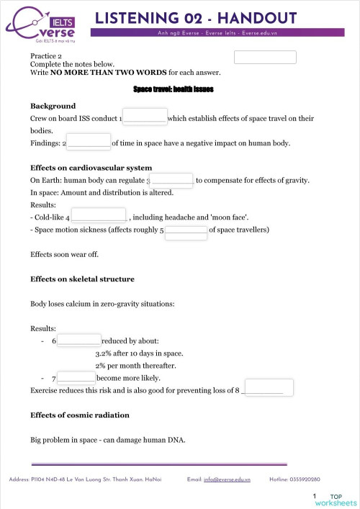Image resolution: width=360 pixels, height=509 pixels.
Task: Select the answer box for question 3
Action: coord(172,180)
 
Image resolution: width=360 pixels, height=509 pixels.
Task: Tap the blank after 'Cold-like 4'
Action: coord(99,215)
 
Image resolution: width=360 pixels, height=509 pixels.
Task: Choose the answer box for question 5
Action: coord(186,231)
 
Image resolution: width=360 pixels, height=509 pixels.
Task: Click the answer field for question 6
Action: coord(79,341)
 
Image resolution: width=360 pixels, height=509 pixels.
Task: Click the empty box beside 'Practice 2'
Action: coord(265,58)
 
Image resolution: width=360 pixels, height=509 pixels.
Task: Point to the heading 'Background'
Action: coord(53,106)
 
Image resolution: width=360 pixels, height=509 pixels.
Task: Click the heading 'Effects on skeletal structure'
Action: coord(82,279)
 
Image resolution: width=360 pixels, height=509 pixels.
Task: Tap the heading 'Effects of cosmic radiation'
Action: coord(79,415)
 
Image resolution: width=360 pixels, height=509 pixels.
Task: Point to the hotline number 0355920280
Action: coord(305,479)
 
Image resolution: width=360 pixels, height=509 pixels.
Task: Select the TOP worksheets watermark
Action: coord(335,500)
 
